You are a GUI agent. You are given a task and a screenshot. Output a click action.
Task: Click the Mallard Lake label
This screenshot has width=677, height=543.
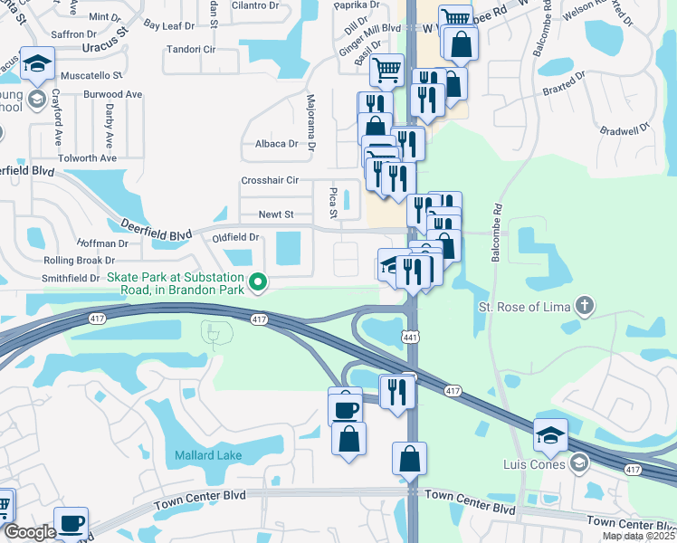209,454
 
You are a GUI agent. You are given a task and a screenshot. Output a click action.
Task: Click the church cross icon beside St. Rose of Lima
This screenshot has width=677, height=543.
585,306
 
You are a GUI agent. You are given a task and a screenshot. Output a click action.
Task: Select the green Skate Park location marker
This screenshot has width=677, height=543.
258,283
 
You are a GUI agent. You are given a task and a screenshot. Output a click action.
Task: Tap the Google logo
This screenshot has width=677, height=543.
30,532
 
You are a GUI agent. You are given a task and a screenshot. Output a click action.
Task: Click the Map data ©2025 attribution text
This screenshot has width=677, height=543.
639,536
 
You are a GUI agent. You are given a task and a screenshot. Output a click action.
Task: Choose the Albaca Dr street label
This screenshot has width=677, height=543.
276,144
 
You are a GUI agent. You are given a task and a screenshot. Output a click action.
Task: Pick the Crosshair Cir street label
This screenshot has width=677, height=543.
270,180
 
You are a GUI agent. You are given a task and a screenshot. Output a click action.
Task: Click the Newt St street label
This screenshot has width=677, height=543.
276,214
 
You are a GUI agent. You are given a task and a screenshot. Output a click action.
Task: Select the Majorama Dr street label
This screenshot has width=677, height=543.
310,122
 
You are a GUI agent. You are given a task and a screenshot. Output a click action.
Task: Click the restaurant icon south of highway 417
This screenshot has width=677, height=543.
396,391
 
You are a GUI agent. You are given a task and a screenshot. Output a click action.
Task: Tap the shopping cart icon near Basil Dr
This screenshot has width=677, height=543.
386,68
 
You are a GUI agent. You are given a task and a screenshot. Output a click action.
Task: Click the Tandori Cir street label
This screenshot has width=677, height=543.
189,50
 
